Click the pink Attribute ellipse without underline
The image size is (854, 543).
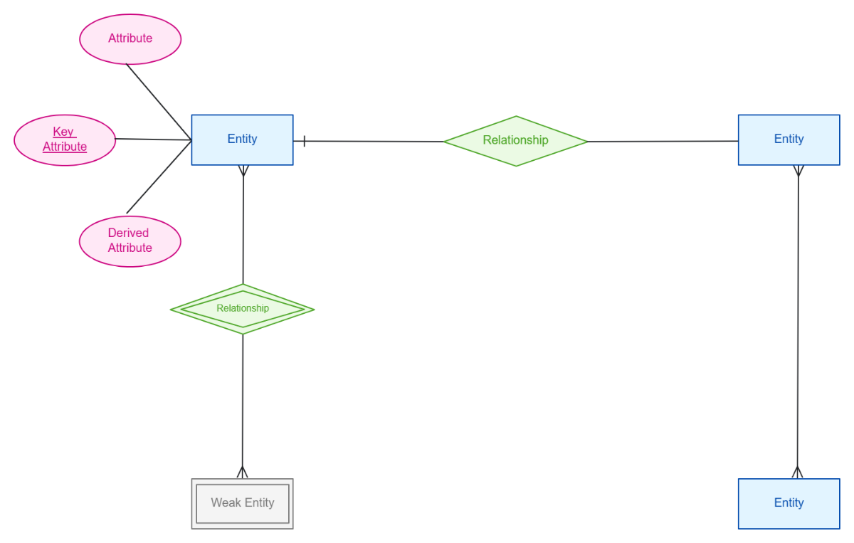[130, 39]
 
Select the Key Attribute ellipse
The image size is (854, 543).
[65, 140]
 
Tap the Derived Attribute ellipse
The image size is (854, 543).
[130, 241]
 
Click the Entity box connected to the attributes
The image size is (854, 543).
[242, 139]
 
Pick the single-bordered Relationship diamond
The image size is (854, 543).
[516, 141]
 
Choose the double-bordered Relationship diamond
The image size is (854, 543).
[243, 309]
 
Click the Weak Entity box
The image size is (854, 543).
[243, 503]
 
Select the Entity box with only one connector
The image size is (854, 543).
[789, 503]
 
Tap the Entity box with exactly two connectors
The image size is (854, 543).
[789, 139]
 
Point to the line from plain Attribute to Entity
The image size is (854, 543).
[159, 102]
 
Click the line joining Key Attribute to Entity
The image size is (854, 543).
[153, 139]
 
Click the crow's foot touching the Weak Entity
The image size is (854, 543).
[242, 473]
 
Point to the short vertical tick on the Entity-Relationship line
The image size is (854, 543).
[304, 141]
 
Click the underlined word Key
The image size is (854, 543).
[64, 132]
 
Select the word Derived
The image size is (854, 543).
[128, 233]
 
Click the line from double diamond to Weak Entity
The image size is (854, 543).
[243, 399]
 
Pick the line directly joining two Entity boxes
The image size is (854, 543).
[798, 320]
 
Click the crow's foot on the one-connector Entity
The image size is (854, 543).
[797, 473]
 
